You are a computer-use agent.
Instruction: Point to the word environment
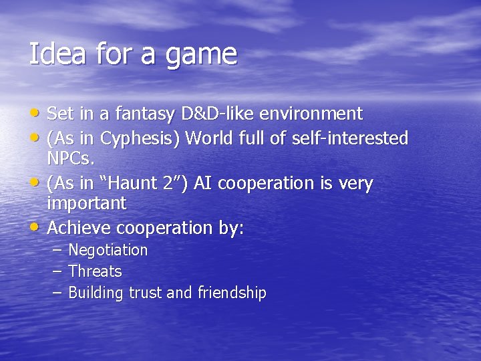pos(310,114)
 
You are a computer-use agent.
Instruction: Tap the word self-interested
pos(350,138)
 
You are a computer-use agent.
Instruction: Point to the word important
pos(87,203)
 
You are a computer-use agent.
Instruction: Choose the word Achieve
pos(79,228)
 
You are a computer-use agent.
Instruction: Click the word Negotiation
pos(108,251)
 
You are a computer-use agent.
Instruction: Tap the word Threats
pos(95,271)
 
